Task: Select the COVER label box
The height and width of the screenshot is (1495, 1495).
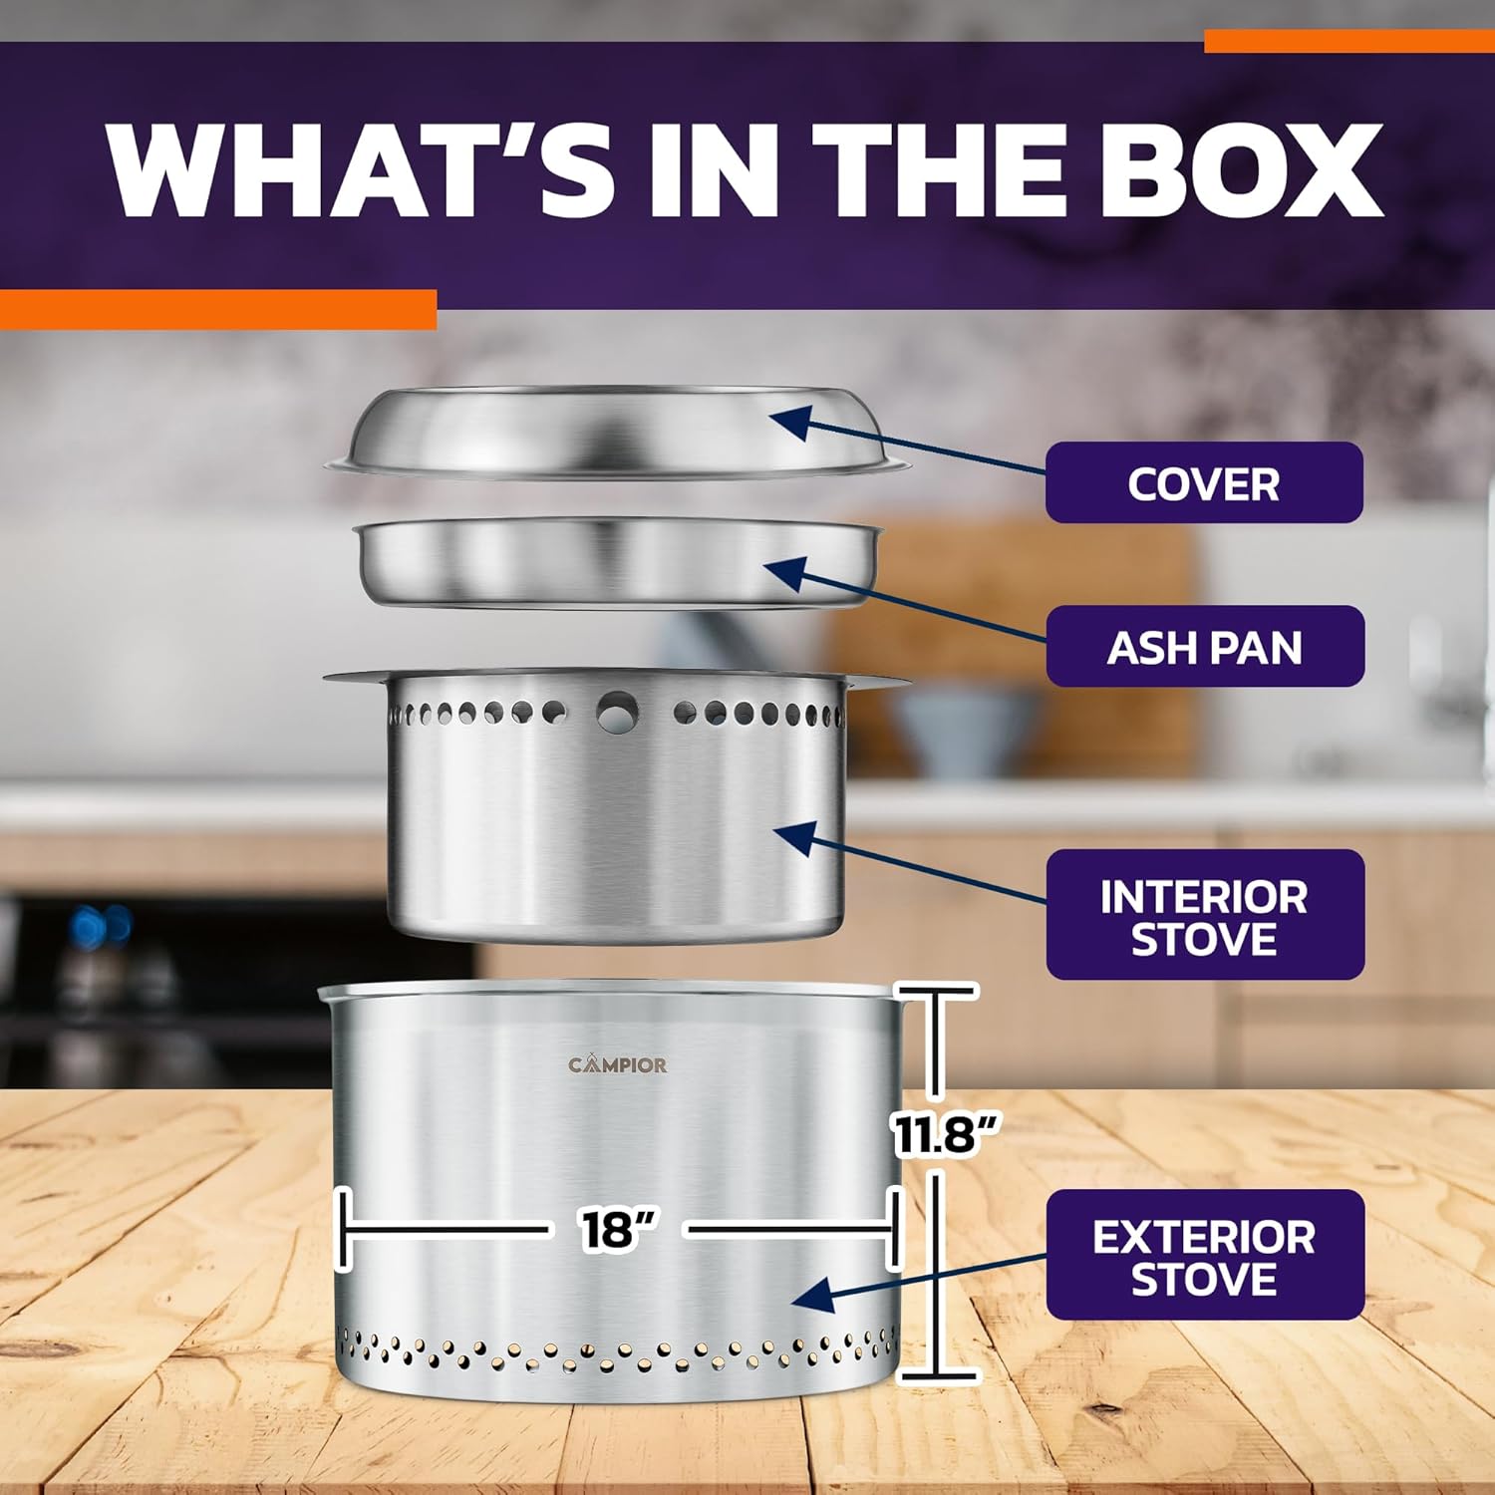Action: [x=1204, y=482]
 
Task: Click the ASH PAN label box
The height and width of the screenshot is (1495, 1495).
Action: [x=1204, y=646]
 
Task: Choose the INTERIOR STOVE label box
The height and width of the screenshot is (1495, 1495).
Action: [x=1204, y=914]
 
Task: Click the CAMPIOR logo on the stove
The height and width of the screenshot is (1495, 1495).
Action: [x=618, y=1064]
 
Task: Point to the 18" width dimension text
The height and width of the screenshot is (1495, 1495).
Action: [x=618, y=1229]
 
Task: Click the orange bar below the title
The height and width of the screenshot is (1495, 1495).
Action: [x=218, y=309]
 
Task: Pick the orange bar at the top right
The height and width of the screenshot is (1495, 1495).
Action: [x=1349, y=41]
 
